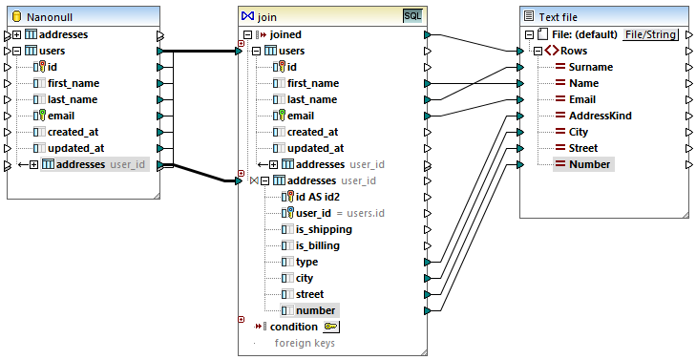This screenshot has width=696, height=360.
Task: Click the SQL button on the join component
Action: coord(412,16)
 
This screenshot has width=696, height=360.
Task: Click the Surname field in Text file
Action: coord(590,67)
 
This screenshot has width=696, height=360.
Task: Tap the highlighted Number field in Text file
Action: coord(589,164)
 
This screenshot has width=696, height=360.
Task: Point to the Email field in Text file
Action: coord(581,99)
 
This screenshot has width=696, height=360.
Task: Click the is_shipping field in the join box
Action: coord(323,229)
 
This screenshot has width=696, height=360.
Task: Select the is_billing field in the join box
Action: coord(317,245)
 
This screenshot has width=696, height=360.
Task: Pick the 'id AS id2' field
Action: coord(319,197)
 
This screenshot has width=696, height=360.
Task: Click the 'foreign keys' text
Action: coord(305,343)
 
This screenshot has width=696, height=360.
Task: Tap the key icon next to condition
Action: coord(331,327)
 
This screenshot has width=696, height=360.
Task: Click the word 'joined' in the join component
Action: coord(285,34)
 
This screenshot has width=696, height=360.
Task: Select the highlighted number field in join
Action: coord(315,310)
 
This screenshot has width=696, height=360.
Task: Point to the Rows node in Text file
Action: coord(573,51)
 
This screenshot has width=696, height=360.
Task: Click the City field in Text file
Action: coord(578,132)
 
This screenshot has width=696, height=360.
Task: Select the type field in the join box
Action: coord(307,262)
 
